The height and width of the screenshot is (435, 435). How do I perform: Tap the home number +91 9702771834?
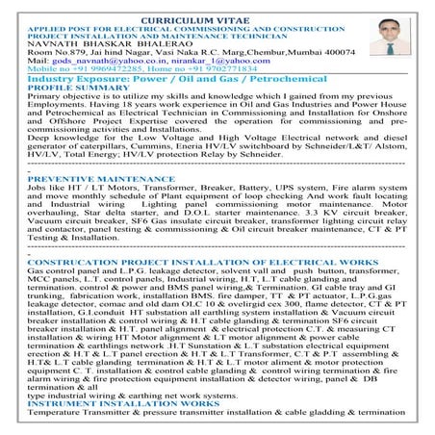pyautogui.click(x=219, y=69)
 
